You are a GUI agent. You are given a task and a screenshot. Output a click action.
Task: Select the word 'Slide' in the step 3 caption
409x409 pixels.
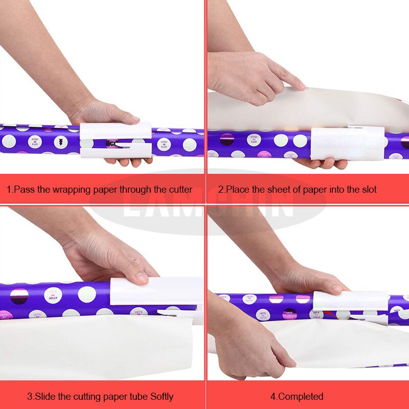tap(47, 396)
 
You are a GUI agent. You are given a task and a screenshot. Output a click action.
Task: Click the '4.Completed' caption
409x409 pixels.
tap(297, 396)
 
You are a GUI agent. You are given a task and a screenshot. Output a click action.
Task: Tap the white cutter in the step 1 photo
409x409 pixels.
tap(116, 139)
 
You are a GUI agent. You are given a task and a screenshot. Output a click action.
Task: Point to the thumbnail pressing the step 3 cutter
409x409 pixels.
tap(142, 278)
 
